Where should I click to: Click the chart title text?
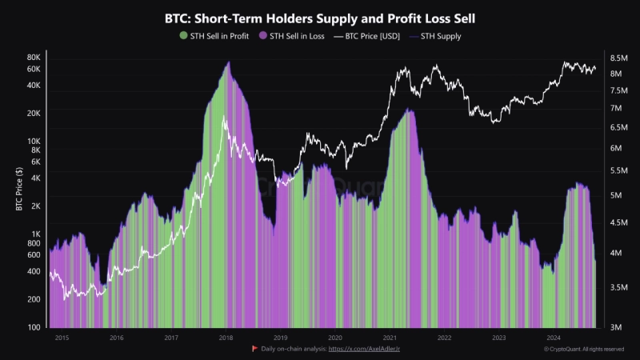320,17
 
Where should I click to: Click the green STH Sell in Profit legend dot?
183,36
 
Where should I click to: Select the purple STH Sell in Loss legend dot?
263,36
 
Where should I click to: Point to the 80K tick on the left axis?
34,58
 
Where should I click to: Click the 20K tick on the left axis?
34,113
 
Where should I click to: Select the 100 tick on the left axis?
34,328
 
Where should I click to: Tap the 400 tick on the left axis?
34,271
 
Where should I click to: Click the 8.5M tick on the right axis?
618,58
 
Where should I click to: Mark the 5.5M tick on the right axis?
618,170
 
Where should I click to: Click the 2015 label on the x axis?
62,338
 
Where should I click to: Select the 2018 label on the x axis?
226,338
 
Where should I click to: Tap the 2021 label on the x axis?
390,338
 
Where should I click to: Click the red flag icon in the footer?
254,350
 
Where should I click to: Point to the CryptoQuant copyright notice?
583,350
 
